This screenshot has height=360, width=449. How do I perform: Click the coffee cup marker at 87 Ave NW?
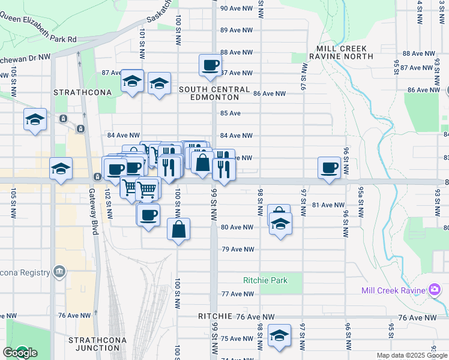pos(210,65)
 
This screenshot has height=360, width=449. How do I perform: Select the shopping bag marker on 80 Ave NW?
pos(179,229)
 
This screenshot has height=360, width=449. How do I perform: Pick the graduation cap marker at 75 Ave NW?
pos(280,336)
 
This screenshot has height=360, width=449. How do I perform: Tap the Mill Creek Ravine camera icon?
pos(435,290)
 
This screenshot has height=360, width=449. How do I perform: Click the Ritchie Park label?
pos(265,280)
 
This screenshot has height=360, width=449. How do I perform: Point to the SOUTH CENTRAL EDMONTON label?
pos(214,94)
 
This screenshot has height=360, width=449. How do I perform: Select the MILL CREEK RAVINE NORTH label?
pos(341,52)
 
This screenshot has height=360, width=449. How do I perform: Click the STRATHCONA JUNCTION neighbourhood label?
pos(94,344)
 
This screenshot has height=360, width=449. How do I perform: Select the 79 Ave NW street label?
pos(238,249)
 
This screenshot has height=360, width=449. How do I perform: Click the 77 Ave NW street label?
pos(238,294)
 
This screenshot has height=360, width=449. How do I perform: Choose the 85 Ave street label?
pos(231,113)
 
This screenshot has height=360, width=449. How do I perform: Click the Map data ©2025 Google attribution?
pos(412,355)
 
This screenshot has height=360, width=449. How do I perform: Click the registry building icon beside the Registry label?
pos(59,272)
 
